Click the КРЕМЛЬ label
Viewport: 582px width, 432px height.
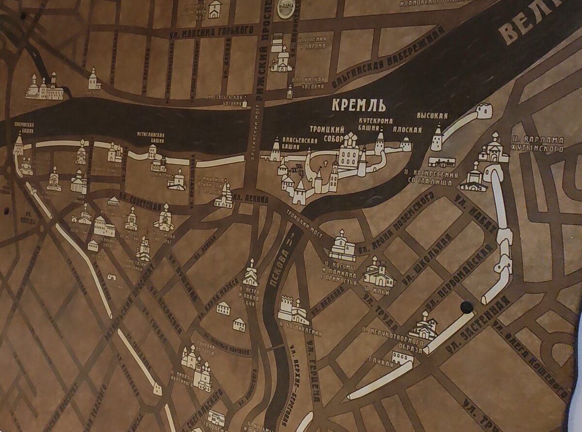[359, 105]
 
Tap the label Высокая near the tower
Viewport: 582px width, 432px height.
[432, 116]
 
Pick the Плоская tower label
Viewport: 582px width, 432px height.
[407, 130]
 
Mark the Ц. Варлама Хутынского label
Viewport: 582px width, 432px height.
[537, 144]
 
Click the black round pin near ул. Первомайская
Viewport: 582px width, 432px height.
[467, 307]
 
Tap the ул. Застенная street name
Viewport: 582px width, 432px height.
[481, 326]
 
